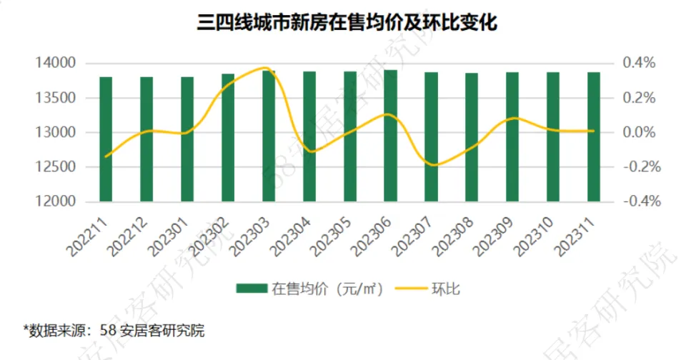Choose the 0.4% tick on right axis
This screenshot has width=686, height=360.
(x=638, y=63)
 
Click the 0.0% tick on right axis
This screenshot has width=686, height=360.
(x=638, y=132)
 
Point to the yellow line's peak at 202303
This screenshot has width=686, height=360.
(x=266, y=68)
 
